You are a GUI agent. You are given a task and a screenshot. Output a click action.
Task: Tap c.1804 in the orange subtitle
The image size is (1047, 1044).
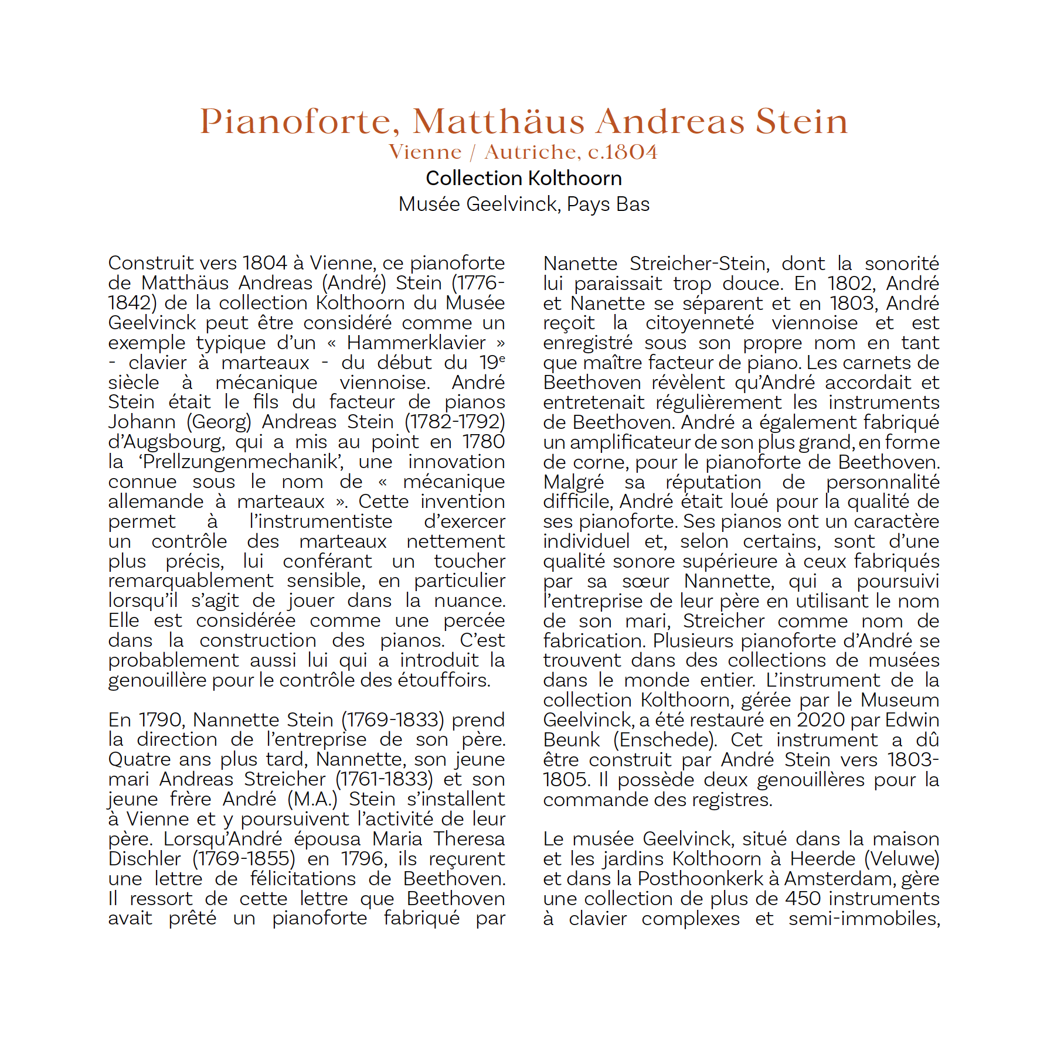(623, 152)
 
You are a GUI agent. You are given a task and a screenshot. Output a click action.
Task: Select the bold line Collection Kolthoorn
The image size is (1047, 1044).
(523, 178)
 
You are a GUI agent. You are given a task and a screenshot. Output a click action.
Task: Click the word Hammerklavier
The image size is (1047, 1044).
(416, 343)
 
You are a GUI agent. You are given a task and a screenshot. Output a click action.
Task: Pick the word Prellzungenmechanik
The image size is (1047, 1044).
(241, 462)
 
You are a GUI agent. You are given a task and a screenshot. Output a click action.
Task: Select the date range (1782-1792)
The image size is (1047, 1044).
(455, 422)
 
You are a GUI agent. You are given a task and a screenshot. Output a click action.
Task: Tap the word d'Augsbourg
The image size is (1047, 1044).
(166, 442)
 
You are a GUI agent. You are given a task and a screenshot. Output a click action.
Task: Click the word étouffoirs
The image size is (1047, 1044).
(444, 680)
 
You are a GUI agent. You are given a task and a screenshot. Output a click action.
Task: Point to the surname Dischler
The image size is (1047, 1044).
(145, 859)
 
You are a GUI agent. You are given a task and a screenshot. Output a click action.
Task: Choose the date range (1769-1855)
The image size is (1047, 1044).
(244, 859)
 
